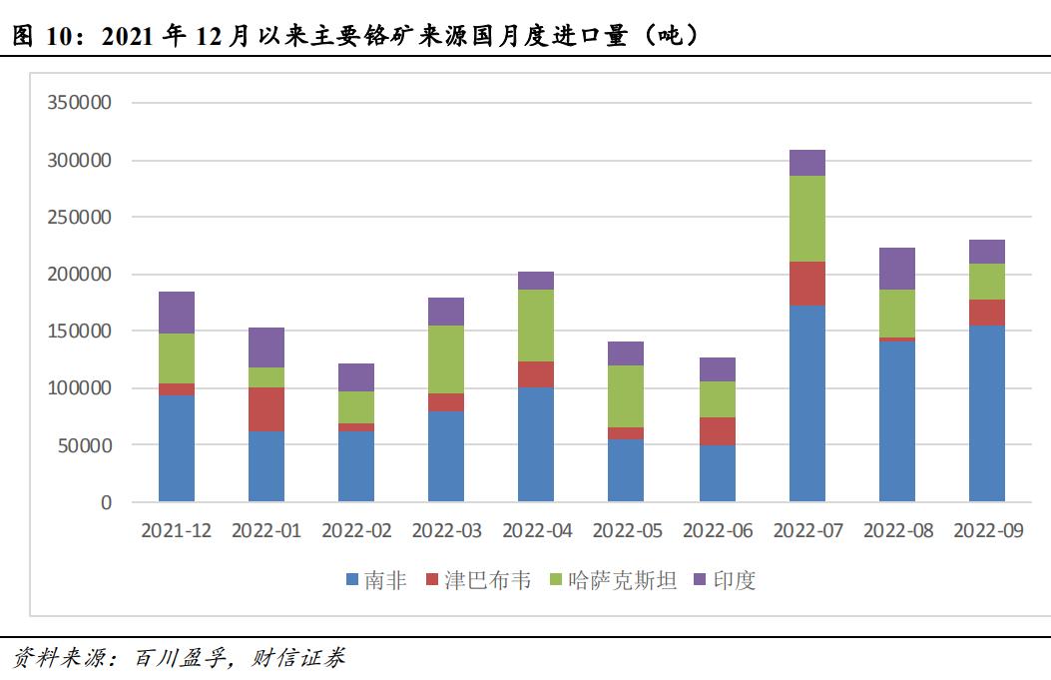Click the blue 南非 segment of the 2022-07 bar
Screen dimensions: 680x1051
(x=806, y=403)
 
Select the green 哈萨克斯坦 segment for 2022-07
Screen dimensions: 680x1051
(x=806, y=219)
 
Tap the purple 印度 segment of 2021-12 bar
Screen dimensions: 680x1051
(x=177, y=313)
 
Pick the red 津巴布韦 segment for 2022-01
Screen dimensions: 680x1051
(x=266, y=409)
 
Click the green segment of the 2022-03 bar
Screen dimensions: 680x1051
(x=446, y=359)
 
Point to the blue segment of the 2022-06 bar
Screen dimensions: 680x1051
(x=717, y=473)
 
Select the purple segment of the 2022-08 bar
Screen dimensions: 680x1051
(x=896, y=269)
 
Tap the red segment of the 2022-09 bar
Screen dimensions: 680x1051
(x=986, y=313)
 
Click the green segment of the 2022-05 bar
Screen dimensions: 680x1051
(x=626, y=396)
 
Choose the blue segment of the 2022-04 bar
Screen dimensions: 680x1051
(x=536, y=444)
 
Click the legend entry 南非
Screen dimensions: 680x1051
(x=376, y=580)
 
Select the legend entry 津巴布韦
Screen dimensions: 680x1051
(x=479, y=580)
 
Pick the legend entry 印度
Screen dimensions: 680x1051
(x=725, y=580)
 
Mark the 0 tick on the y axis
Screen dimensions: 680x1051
(x=105, y=502)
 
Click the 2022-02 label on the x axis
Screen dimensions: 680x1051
(x=356, y=531)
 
